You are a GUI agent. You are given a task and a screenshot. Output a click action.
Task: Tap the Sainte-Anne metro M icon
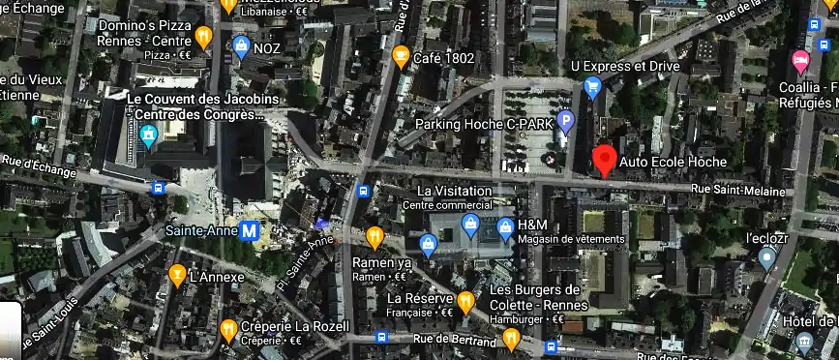tap(250, 231)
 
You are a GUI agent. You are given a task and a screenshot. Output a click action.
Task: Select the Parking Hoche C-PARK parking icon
tap(566, 122)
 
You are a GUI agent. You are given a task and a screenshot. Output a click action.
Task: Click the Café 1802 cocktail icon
tap(400, 58)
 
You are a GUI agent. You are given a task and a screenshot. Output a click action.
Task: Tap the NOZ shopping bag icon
tap(241, 45)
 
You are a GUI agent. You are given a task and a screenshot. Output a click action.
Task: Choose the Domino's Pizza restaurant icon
tap(203, 37)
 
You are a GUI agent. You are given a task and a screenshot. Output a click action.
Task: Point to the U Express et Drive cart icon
tap(593, 88)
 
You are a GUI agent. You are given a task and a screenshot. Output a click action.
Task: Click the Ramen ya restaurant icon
tap(375, 236)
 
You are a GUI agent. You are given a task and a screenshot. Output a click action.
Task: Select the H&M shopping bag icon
tap(504, 229)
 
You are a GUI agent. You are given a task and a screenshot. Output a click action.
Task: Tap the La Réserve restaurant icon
tap(465, 302)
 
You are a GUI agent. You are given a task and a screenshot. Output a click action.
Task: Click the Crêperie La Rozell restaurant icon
tap(228, 329)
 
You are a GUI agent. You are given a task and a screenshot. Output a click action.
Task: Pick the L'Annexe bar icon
tap(177, 276)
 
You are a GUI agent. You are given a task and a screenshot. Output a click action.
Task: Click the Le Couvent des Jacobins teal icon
tap(149, 136)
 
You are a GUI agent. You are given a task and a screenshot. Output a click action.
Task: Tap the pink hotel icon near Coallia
tap(801, 62)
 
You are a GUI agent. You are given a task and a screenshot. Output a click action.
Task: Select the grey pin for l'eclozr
tap(766, 258)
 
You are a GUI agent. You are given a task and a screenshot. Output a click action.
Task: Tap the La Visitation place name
tap(454, 191)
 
